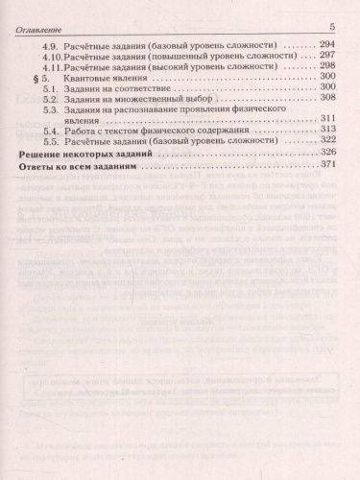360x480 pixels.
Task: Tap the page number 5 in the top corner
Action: [331, 27]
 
